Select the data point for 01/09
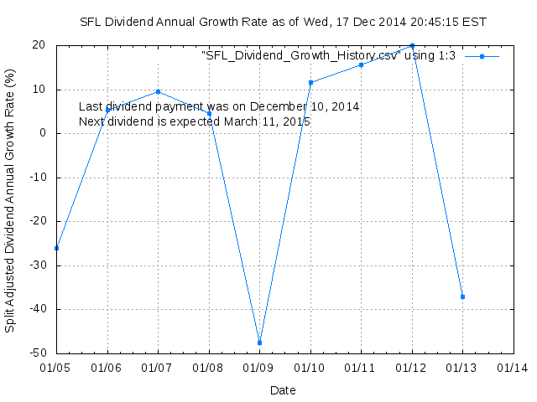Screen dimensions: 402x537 (x=259, y=343)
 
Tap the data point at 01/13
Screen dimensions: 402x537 (x=462, y=296)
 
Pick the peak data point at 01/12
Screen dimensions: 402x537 (x=412, y=46)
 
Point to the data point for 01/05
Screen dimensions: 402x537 (x=56, y=248)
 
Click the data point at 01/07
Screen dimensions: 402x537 (x=158, y=91)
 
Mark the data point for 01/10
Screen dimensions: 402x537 (x=310, y=82)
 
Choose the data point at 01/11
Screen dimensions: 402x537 (x=361, y=64)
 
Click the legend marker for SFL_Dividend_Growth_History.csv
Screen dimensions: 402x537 (x=482, y=56)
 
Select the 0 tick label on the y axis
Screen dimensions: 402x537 (x=45, y=133)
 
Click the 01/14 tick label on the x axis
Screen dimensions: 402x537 (x=513, y=368)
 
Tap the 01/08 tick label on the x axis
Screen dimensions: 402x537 (x=209, y=368)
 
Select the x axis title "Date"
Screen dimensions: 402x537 (x=283, y=389)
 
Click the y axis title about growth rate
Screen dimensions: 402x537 (x=10, y=199)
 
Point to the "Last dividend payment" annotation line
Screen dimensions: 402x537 (x=219, y=107)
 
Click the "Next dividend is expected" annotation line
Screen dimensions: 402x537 (x=195, y=122)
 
